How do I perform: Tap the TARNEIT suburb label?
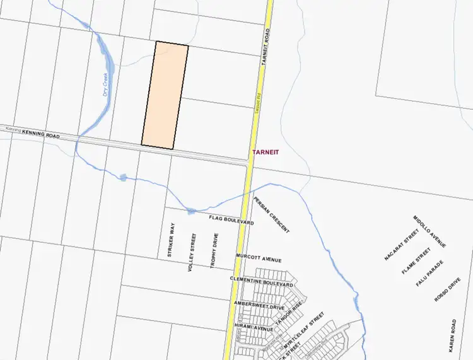click(x=266, y=153)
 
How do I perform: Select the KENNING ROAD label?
click(x=41, y=134)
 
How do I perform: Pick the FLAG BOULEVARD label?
click(x=231, y=220)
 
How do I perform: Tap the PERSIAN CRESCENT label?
click(x=272, y=215)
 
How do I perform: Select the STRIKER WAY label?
click(x=170, y=239)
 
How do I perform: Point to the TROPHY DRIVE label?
click(x=215, y=251)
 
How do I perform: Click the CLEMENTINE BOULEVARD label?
click(x=262, y=282)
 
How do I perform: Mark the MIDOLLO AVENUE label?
click(x=430, y=231)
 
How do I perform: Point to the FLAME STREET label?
click(x=416, y=261)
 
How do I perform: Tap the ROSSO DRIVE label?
click(x=448, y=289)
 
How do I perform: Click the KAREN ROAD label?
click(x=452, y=335)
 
